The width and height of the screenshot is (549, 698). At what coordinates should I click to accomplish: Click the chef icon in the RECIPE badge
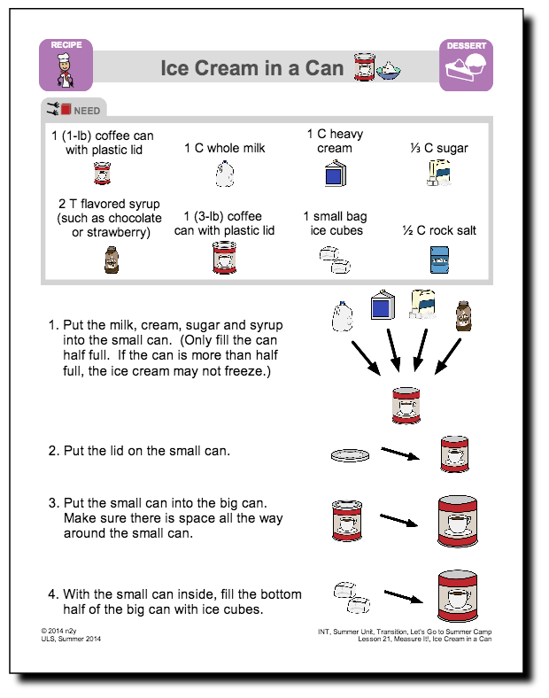(x=65, y=72)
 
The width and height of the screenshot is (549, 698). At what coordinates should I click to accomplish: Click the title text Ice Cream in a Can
(x=251, y=67)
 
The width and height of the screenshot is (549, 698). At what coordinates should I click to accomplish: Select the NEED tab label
(x=87, y=111)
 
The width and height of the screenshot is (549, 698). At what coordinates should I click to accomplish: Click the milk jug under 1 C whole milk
(x=224, y=173)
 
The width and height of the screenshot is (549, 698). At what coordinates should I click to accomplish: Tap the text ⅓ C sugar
(x=440, y=148)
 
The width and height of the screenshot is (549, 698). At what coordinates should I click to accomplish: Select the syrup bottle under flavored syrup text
(x=109, y=260)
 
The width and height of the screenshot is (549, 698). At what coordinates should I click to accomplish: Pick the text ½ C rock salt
(x=439, y=230)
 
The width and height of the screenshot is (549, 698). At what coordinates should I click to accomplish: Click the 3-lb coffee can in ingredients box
(x=224, y=259)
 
